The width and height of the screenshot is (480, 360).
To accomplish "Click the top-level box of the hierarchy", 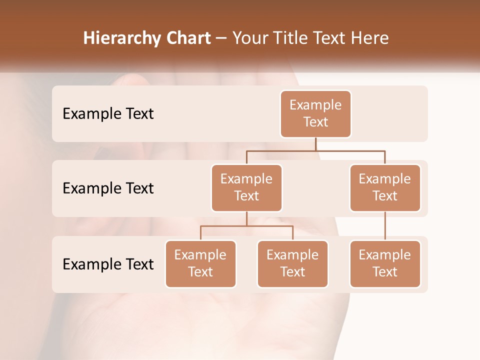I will (315, 113).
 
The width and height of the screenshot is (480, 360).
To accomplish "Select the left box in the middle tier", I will (246, 187).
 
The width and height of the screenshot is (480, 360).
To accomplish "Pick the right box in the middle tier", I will (385, 187).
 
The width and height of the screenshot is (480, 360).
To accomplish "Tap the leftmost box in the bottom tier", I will (200, 263).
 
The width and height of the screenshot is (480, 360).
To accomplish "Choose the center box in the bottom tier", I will (292, 263).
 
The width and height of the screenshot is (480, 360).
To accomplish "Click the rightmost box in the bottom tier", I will (385, 263).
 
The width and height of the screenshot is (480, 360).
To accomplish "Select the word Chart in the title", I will (186, 38).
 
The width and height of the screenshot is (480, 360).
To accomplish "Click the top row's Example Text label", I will (108, 113).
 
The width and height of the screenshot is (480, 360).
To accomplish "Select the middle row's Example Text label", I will (108, 188).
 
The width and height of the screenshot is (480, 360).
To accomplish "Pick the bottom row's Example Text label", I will (108, 264).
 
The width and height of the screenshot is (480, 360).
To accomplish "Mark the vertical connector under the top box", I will (315, 144).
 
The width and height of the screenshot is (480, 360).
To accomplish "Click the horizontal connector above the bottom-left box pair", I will (246, 226).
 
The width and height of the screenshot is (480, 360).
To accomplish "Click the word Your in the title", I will (250, 38).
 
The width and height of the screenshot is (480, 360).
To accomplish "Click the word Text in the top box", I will (315, 122).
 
